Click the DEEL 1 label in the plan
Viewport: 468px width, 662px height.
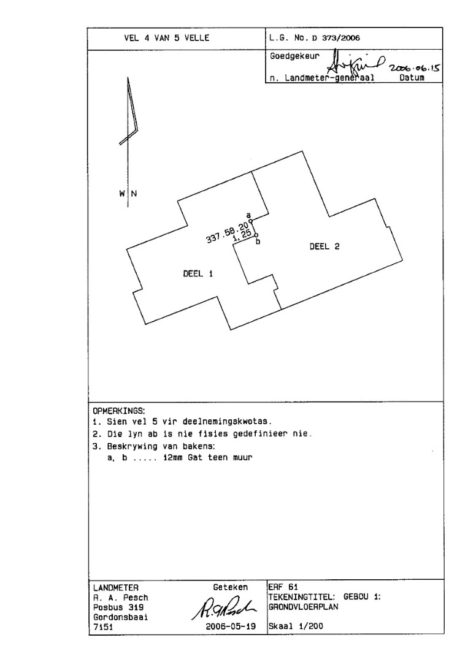198,274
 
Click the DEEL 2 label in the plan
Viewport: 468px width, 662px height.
324,246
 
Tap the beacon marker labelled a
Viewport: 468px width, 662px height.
250,221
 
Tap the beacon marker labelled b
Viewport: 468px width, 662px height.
256,235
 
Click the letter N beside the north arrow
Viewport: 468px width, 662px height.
134,194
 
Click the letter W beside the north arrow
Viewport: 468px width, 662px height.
121,194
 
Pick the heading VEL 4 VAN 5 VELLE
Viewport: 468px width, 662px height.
167,37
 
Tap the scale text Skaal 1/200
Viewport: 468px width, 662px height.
296,627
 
